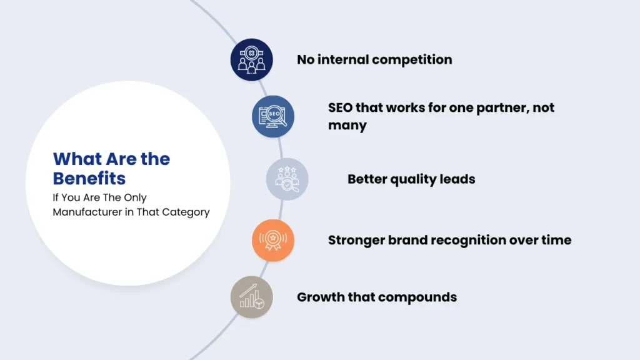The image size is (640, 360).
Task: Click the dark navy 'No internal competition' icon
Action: click(x=251, y=59)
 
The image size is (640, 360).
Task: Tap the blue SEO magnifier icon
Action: click(x=273, y=116)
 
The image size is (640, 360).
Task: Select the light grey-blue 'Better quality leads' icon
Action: click(x=287, y=179)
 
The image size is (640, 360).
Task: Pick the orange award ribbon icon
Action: click(x=273, y=241)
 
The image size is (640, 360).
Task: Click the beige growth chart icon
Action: click(x=251, y=297)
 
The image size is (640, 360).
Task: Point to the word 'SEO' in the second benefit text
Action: click(x=340, y=107)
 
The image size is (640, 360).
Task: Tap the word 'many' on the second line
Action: click(x=347, y=126)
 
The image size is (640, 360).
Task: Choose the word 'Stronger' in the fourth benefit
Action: click(x=356, y=240)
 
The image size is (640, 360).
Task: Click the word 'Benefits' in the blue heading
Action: click(x=89, y=178)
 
